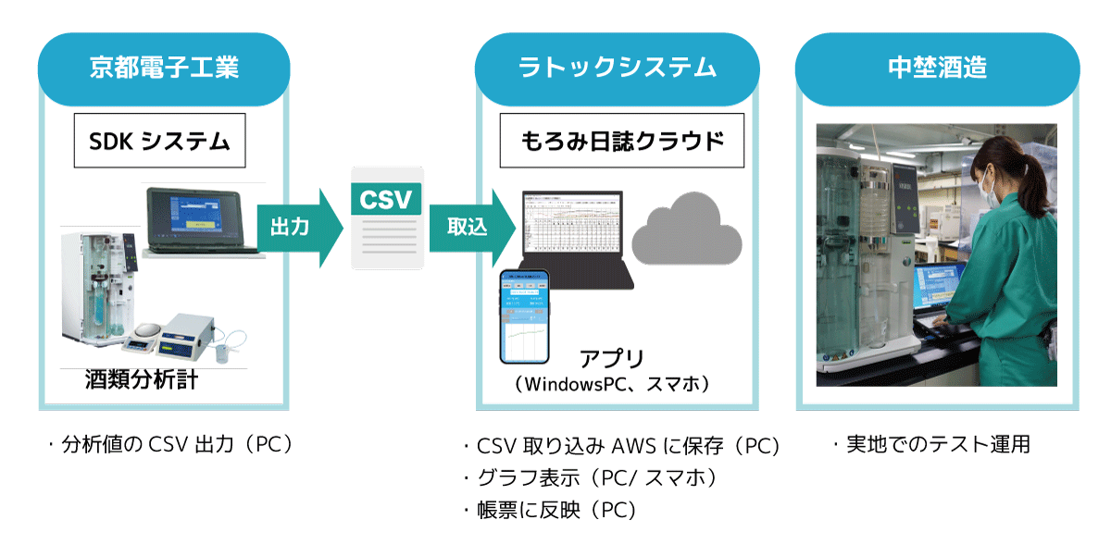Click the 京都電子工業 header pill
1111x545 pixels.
point(164,68)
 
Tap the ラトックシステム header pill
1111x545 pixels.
point(617,68)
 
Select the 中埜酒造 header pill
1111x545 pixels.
point(937,68)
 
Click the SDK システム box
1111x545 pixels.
point(159,141)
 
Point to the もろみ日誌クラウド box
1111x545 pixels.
point(621,141)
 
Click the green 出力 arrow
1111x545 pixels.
point(293,228)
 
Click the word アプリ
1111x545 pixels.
point(611,359)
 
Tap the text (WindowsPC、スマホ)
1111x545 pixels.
point(612,383)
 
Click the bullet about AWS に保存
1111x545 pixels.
point(621,447)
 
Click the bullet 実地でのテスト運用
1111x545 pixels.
point(931,445)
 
